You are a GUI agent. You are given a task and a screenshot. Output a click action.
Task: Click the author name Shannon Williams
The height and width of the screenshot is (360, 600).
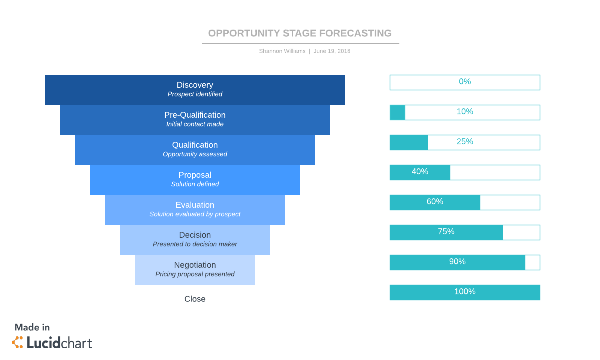(282, 51)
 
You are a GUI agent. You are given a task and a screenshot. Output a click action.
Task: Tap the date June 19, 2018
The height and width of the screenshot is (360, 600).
(332, 51)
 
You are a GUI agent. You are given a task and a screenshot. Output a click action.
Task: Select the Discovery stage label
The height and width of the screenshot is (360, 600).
(195, 85)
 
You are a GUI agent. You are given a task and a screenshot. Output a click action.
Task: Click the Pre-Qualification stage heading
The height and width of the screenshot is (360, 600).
(195, 115)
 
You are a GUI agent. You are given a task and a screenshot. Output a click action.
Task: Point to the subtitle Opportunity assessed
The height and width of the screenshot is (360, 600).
(195, 154)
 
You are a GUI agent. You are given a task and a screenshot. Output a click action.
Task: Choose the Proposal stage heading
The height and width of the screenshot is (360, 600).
(195, 175)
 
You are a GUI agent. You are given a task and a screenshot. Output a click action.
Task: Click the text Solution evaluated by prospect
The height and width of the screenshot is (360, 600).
(195, 214)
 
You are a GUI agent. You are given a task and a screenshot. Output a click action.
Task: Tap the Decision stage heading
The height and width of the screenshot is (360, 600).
(195, 235)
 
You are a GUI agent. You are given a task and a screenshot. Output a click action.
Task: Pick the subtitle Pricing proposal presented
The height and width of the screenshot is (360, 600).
(195, 274)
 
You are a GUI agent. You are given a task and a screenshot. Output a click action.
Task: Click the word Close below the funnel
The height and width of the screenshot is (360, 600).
(195, 299)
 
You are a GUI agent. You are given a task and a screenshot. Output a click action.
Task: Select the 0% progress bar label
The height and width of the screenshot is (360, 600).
(465, 82)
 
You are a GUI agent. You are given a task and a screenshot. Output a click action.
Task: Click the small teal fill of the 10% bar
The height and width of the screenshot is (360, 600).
(397, 112)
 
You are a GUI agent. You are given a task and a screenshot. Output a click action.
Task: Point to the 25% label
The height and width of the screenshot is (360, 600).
(465, 142)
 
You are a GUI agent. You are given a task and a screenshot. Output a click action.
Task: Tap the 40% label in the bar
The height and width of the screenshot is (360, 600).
(420, 172)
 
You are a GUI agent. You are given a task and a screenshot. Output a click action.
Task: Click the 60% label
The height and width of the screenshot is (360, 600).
(435, 202)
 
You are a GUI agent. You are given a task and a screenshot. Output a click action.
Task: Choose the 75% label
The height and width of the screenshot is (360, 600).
(446, 232)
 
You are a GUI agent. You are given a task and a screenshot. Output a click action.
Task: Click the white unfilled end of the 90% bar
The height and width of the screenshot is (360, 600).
(532, 262)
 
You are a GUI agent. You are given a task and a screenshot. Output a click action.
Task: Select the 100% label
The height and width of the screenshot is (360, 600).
(465, 292)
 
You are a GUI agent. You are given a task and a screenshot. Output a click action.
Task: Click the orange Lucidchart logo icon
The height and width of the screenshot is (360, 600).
(17, 342)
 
